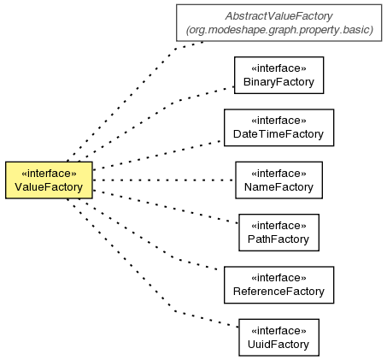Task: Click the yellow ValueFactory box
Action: click(49, 180)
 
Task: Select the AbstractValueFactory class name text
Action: click(279, 16)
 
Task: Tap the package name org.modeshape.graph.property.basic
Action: click(279, 30)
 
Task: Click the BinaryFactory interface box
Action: click(279, 75)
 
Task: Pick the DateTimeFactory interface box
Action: click(279, 127)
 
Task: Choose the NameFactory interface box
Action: click(279, 180)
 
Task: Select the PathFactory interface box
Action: click(279, 233)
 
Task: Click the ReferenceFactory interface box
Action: click(279, 285)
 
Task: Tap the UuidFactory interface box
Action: click(279, 338)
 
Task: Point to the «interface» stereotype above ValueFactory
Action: click(49, 174)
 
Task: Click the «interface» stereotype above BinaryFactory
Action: click(279, 68)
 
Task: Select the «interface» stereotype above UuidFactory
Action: click(279, 331)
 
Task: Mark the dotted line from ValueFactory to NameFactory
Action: click(164, 180)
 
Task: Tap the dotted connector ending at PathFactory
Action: click(166, 207)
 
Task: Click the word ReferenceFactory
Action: click(279, 292)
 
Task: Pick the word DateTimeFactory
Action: click(279, 134)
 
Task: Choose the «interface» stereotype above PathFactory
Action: click(279, 226)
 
